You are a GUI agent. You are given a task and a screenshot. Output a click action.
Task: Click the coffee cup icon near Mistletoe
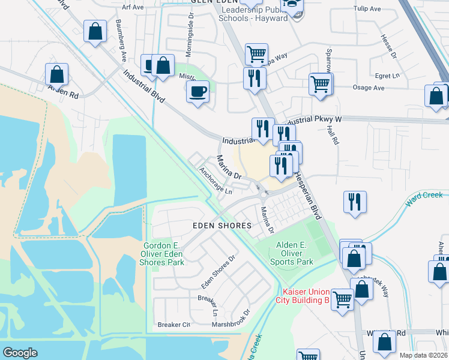[x=198, y=92]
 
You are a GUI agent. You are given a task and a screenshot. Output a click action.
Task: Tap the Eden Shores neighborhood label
[x=221, y=226]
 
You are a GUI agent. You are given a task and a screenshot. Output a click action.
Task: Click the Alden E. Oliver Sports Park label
[x=294, y=253]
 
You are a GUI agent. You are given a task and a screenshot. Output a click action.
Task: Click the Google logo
[x=20, y=352]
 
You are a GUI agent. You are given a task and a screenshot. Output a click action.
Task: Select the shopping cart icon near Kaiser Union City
[x=342, y=299]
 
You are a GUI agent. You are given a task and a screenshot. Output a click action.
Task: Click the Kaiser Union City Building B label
[x=303, y=295]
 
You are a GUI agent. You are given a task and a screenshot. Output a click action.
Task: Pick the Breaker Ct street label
[x=173, y=325]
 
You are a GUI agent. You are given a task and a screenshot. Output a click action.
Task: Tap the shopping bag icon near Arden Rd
[x=56, y=74]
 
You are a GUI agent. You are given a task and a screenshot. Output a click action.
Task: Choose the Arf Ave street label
[x=133, y=7]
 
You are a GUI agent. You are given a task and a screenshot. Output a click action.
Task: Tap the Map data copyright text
[x=423, y=355]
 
